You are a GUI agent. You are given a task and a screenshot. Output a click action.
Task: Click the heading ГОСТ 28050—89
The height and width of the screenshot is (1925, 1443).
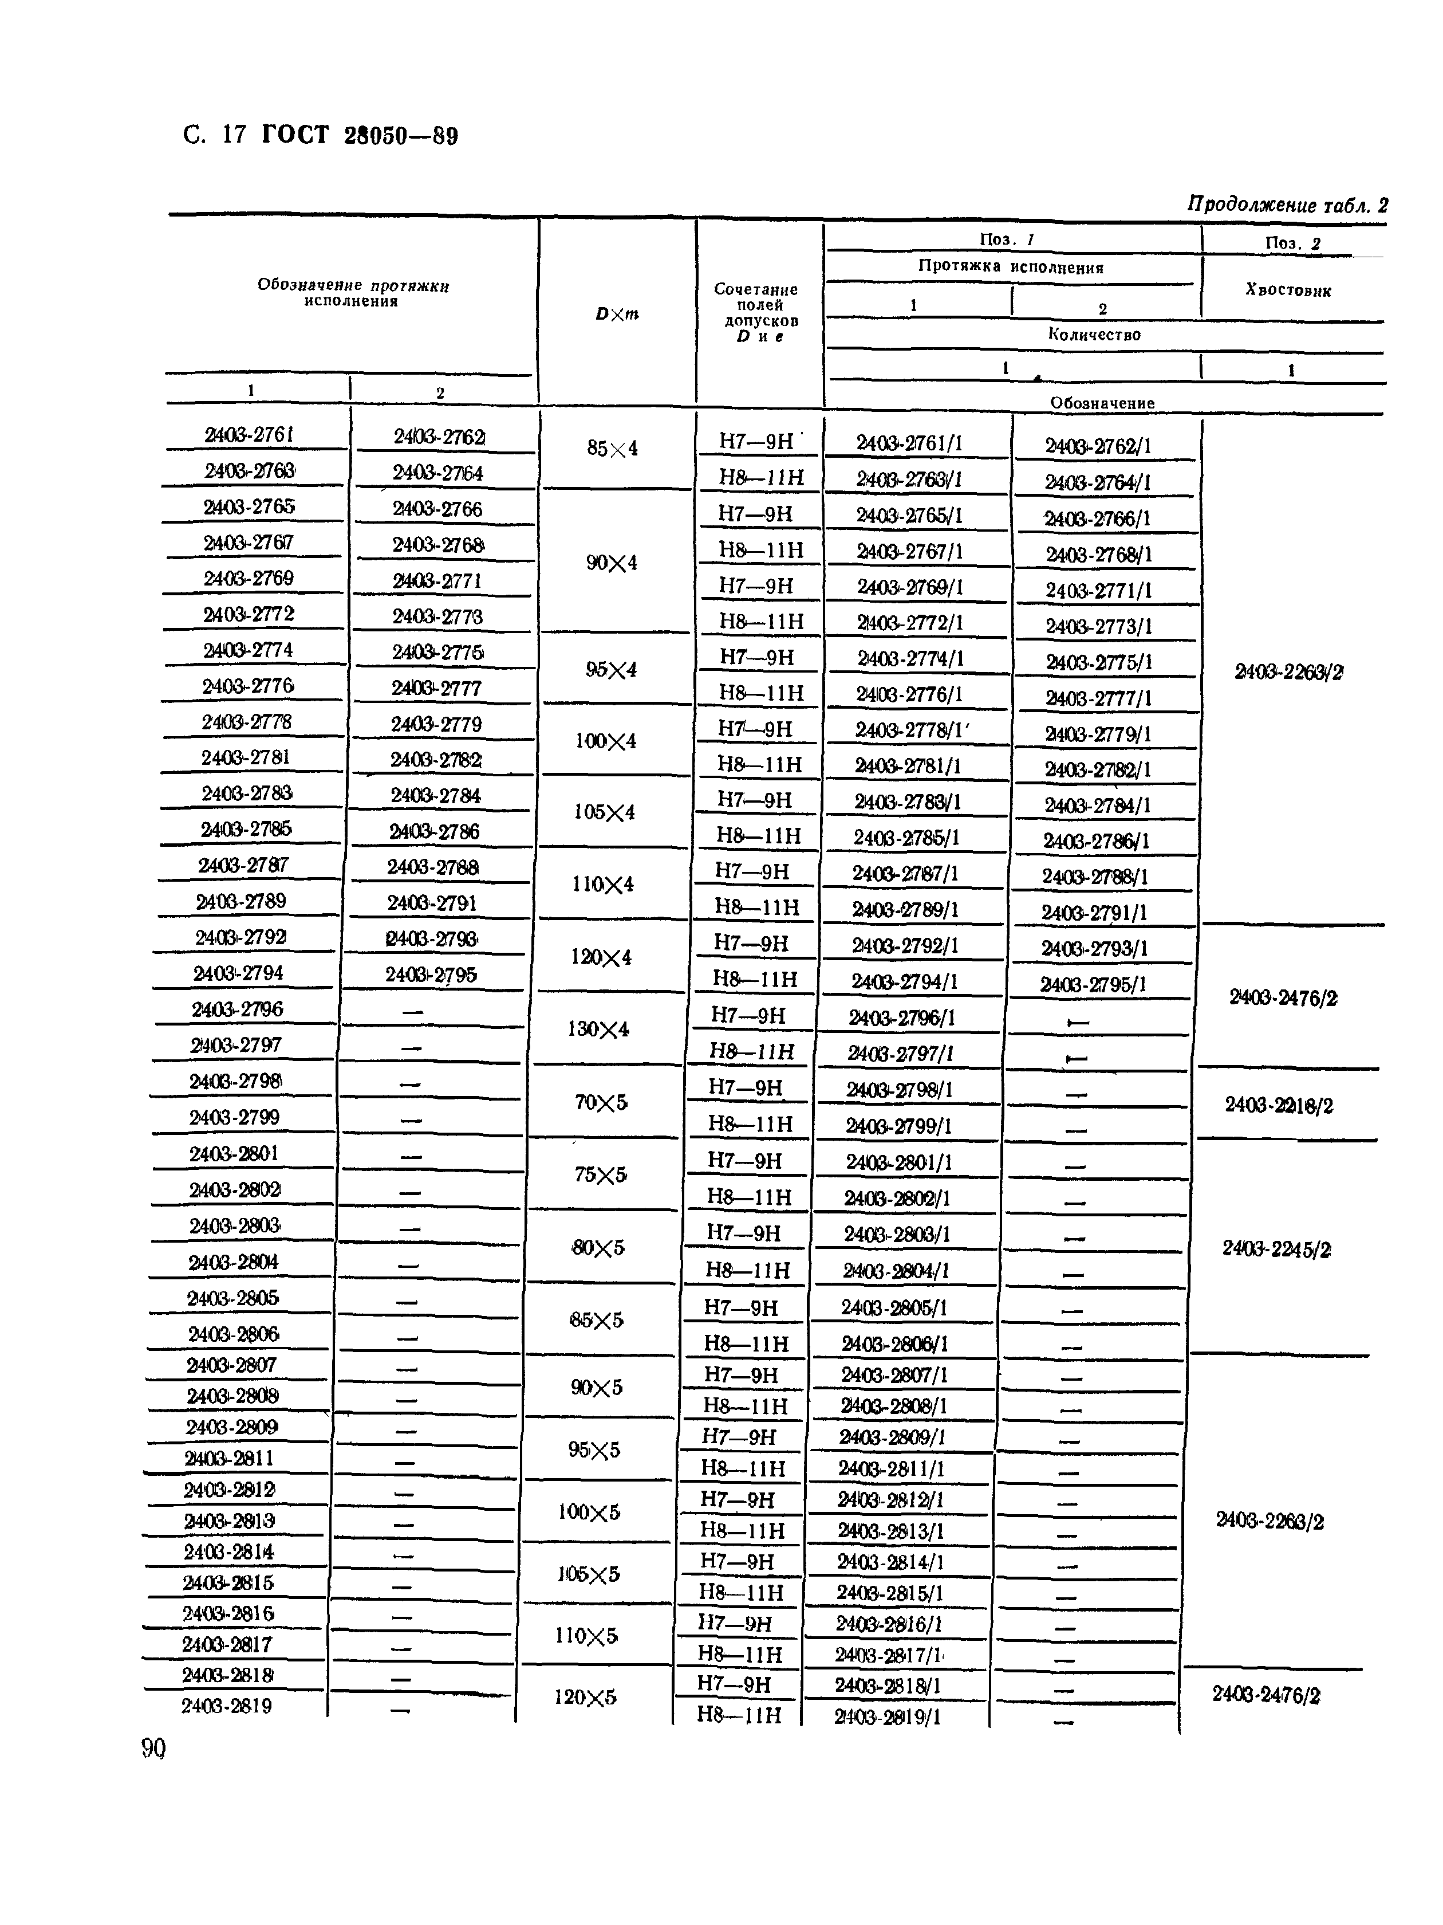click(359, 136)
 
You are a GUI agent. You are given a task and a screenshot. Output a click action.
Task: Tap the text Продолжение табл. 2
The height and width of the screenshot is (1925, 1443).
click(1287, 205)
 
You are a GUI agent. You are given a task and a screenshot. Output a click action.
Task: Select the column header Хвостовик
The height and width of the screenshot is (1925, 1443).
click(1288, 290)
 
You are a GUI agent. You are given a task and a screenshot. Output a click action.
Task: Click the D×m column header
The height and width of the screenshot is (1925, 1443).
click(617, 314)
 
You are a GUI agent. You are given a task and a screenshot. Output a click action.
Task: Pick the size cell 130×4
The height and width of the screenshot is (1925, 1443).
click(598, 1028)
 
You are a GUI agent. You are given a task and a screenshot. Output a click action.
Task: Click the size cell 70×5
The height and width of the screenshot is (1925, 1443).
click(600, 1103)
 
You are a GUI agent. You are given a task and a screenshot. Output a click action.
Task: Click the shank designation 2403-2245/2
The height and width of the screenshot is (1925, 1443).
click(1276, 1250)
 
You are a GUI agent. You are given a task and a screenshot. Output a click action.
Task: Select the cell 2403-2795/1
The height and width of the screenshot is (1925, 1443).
click(1093, 984)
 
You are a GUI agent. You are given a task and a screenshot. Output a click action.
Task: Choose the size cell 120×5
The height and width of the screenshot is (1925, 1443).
click(585, 1697)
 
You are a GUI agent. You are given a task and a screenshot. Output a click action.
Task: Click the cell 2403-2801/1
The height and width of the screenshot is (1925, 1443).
click(898, 1162)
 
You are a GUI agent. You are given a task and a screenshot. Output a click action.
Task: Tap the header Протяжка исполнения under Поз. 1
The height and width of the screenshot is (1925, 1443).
click(1011, 267)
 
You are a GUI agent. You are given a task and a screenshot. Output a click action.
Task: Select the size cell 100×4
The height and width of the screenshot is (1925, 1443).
click(605, 741)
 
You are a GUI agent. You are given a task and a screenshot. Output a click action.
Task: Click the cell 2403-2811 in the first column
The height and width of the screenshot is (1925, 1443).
click(228, 1457)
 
